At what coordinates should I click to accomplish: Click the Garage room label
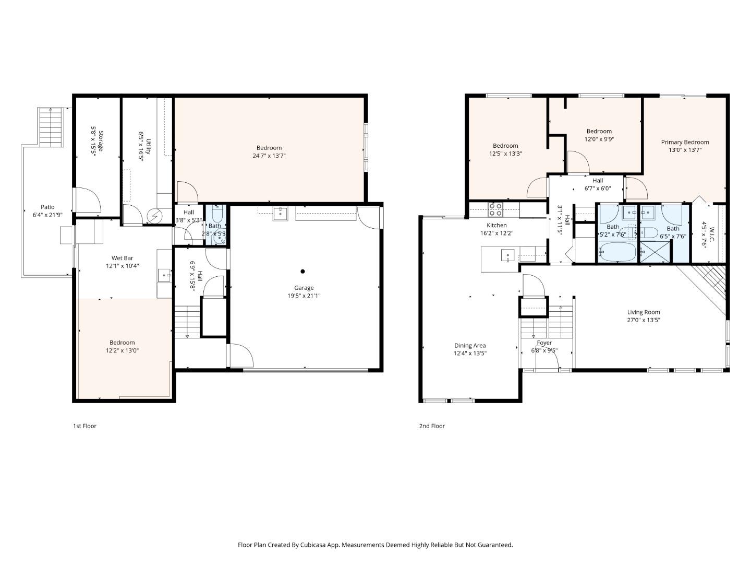click(x=304, y=288)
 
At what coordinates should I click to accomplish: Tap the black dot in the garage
click(x=302, y=271)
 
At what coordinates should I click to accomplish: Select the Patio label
click(x=47, y=207)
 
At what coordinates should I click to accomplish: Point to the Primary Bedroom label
click(x=685, y=142)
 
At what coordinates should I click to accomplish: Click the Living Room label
click(x=644, y=312)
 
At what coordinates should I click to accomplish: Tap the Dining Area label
click(x=470, y=346)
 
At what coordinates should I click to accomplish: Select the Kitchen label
click(x=496, y=226)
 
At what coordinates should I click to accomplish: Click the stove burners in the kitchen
click(x=495, y=209)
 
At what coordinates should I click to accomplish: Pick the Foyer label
click(x=544, y=343)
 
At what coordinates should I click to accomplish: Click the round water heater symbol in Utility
click(x=155, y=215)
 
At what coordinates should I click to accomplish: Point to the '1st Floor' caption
click(x=84, y=426)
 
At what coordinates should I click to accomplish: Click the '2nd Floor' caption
click(x=432, y=426)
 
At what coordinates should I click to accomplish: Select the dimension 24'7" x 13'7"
click(x=269, y=156)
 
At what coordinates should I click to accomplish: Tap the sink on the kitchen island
click(x=507, y=255)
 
